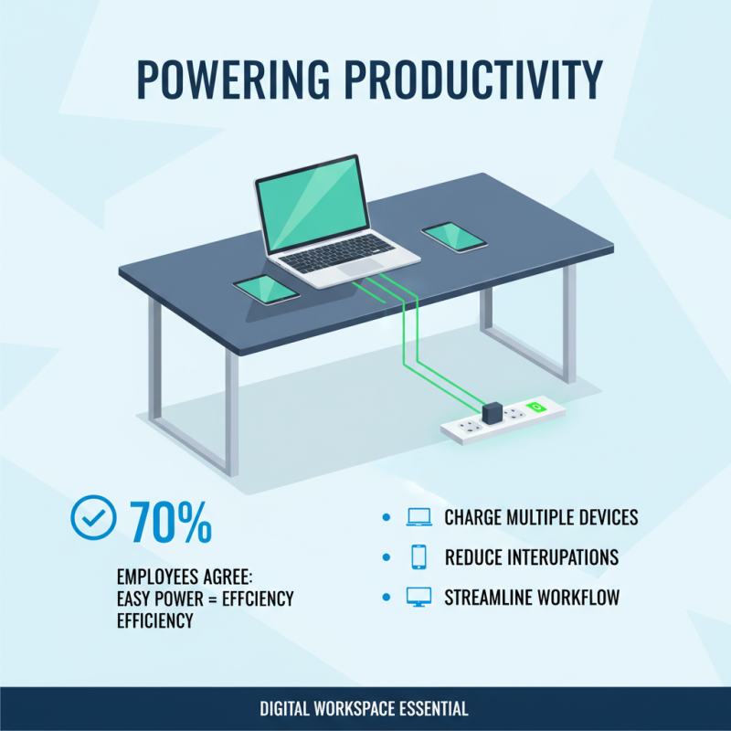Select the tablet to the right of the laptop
(x=453, y=236)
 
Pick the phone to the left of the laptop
(x=266, y=290)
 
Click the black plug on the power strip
(x=493, y=413)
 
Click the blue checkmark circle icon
(x=93, y=518)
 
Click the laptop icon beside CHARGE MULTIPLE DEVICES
(x=418, y=517)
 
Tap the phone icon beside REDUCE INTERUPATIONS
(x=418, y=556)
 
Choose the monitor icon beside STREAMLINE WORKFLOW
(x=418, y=598)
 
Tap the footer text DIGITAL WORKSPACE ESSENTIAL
(x=365, y=708)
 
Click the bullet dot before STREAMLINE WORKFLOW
(x=386, y=598)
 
